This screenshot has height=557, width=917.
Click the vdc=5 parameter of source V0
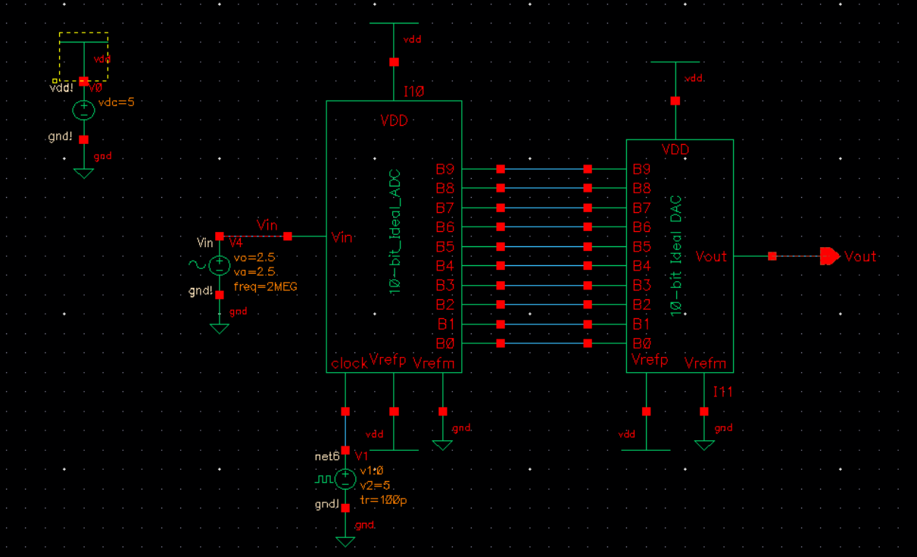(116, 102)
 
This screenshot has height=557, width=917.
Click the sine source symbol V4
(219, 265)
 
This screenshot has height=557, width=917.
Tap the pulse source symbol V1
(345, 479)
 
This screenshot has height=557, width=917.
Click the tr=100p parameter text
(383, 500)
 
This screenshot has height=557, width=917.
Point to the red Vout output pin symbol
(830, 256)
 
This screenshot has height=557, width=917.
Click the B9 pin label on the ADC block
(445, 169)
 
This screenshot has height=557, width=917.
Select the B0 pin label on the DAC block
(642, 344)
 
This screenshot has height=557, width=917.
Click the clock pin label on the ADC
(349, 364)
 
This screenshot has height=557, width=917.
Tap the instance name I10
(413, 92)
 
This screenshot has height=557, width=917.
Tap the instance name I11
(723, 392)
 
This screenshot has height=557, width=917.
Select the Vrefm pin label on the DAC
(705, 364)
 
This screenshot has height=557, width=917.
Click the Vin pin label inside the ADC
(342, 237)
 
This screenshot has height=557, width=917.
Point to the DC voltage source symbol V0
(83, 110)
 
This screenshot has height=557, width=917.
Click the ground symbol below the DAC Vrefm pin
(704, 445)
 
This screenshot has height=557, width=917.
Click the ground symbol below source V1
(345, 541)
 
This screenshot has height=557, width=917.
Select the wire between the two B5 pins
(544, 247)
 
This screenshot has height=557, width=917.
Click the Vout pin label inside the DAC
(711, 256)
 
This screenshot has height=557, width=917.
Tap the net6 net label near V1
(327, 457)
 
